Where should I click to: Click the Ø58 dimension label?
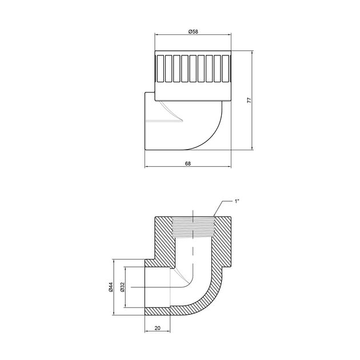193,31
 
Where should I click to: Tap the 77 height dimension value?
249,101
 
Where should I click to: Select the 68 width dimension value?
188,163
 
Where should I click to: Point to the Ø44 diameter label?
111,287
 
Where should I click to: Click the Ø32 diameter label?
122,287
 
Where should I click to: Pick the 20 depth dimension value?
157,329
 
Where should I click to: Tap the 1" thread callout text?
237,201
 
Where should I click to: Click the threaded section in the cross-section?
193,227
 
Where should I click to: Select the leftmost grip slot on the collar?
160,69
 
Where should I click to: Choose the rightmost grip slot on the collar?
226,69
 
